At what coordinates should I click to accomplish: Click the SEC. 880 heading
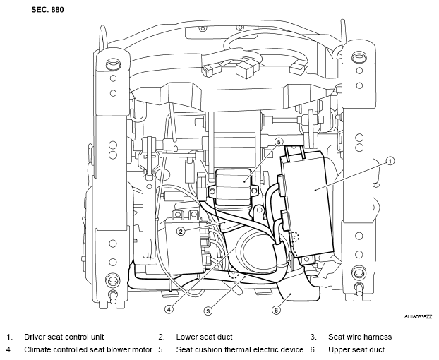pyautogui.click(x=47, y=10)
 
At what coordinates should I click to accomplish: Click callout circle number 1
pyautogui.click(x=390, y=161)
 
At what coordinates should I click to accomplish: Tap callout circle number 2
pyautogui.click(x=181, y=232)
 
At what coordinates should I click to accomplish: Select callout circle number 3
pyautogui.click(x=208, y=311)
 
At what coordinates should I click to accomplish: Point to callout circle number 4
pyautogui.click(x=169, y=309)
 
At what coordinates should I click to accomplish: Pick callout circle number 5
pyautogui.click(x=279, y=142)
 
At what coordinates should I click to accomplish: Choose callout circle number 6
pyautogui.click(x=277, y=310)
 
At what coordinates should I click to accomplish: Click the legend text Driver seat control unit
pyautogui.click(x=64, y=337)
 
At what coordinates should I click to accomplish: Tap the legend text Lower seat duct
pyautogui.click(x=204, y=337)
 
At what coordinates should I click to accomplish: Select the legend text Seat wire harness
pyautogui.click(x=360, y=337)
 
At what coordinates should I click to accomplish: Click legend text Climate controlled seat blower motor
pyautogui.click(x=88, y=349)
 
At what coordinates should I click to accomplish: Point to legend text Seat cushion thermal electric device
pyautogui.click(x=240, y=349)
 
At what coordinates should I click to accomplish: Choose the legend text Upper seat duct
pyautogui.click(x=356, y=349)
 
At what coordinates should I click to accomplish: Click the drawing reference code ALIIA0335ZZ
pyautogui.click(x=418, y=317)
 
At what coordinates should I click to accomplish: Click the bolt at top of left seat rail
pyautogui.click(x=113, y=64)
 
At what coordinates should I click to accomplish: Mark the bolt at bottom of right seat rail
pyautogui.click(x=359, y=273)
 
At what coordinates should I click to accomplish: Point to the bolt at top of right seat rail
pyautogui.click(x=359, y=57)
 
